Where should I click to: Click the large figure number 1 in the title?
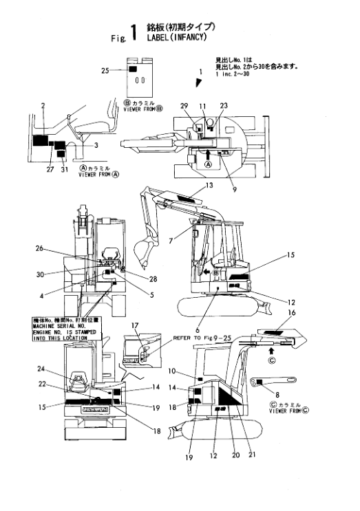tap(135, 33)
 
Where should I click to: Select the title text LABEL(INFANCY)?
tap(177, 37)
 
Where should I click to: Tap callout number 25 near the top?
tap(105, 70)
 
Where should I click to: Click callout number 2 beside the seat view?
tap(43, 105)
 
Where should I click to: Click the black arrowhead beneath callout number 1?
tap(199, 83)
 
